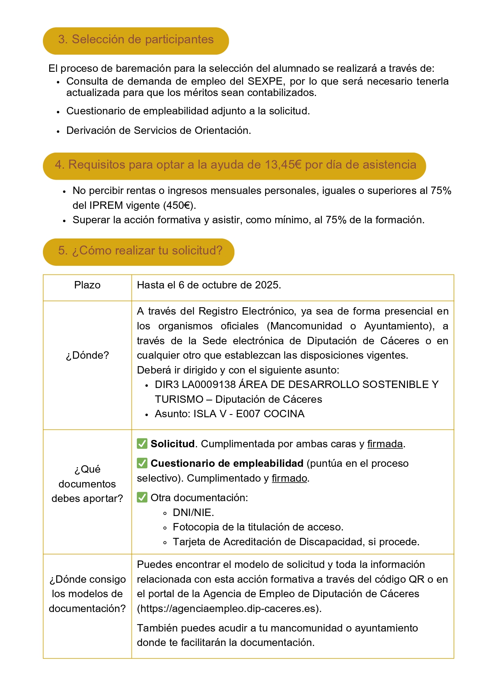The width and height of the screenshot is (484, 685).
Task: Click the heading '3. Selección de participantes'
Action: click(x=136, y=40)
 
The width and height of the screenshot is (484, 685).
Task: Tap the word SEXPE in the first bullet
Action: click(x=265, y=81)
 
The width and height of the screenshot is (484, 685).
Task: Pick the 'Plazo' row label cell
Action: click(x=87, y=285)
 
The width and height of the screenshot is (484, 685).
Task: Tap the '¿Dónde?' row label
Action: click(x=87, y=356)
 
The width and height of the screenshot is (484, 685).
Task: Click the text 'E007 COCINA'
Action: click(x=270, y=414)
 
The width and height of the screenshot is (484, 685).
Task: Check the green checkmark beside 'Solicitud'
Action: click(x=142, y=444)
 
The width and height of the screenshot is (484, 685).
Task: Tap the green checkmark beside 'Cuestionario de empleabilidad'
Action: click(x=142, y=463)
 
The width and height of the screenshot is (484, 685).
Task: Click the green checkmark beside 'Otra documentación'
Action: click(x=142, y=498)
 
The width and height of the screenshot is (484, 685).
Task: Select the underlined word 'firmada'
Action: click(x=385, y=444)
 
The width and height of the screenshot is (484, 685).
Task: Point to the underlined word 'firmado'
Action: click(x=289, y=479)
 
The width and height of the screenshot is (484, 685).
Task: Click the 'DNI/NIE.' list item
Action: click(x=193, y=512)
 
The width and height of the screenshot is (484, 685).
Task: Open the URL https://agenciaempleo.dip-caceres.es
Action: click(x=229, y=609)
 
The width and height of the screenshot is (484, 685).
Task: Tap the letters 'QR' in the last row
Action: click(x=416, y=580)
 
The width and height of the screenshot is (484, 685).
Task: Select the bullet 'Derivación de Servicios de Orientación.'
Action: click(x=158, y=131)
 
